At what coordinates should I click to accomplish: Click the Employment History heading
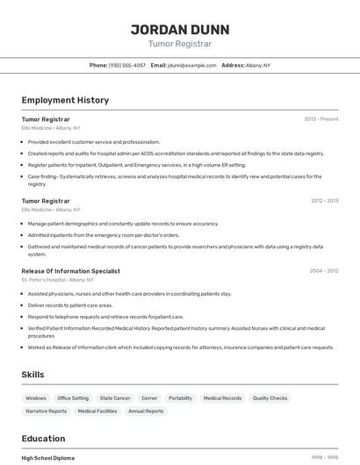tap(65, 100)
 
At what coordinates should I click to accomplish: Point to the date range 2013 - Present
tap(320, 118)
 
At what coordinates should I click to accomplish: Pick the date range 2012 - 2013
tap(324, 201)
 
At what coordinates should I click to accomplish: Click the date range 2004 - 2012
tap(323, 271)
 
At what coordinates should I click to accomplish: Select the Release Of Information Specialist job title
tap(70, 271)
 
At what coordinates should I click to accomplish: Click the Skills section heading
tap(33, 375)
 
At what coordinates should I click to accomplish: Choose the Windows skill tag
tap(36, 398)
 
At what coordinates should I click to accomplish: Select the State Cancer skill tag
tap(115, 398)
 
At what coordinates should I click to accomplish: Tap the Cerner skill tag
tap(149, 398)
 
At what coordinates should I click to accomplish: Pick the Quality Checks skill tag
tap(270, 398)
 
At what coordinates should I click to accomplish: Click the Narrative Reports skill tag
tap(46, 411)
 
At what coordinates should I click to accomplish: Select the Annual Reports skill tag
tap(146, 411)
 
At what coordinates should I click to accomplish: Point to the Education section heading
tap(43, 439)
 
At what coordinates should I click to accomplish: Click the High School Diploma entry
tap(48, 458)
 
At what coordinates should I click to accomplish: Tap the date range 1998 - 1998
tap(325, 458)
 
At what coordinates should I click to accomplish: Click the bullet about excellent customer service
tap(93, 141)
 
